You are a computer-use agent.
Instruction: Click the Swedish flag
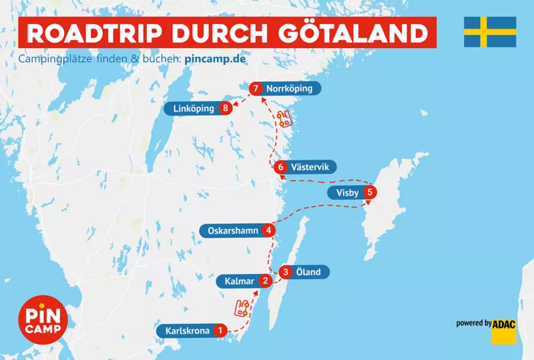tap(490, 32)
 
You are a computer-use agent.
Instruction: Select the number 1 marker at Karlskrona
tap(220, 330)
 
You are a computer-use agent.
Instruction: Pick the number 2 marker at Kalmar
tap(266, 281)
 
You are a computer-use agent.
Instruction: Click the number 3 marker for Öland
tap(286, 272)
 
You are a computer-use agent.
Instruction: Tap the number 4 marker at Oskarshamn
tap(268, 231)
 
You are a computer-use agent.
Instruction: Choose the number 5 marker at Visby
tap(370, 194)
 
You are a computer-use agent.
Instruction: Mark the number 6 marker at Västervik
tap(281, 167)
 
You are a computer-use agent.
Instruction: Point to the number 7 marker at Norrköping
tap(254, 88)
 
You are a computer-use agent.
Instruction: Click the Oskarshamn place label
tap(232, 231)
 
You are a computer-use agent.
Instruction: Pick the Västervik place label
tap(312, 167)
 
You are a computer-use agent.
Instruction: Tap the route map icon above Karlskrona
tap(242, 308)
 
